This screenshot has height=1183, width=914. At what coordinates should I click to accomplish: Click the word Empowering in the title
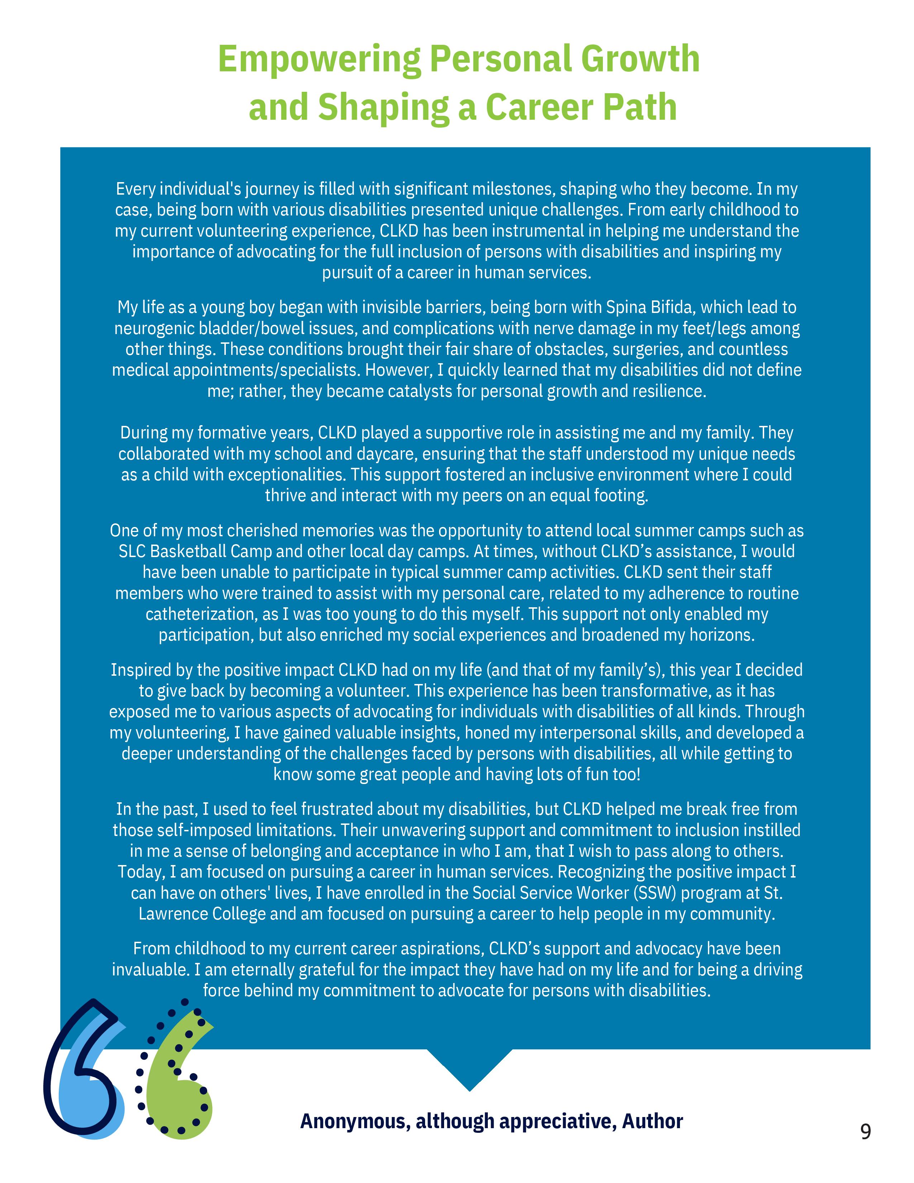click(x=319, y=60)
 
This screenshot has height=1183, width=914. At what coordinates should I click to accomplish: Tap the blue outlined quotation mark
click(x=81, y=1078)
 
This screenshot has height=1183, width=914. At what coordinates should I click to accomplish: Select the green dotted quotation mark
click(x=179, y=1078)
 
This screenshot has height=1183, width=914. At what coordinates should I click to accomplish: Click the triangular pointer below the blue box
click(x=469, y=1067)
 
